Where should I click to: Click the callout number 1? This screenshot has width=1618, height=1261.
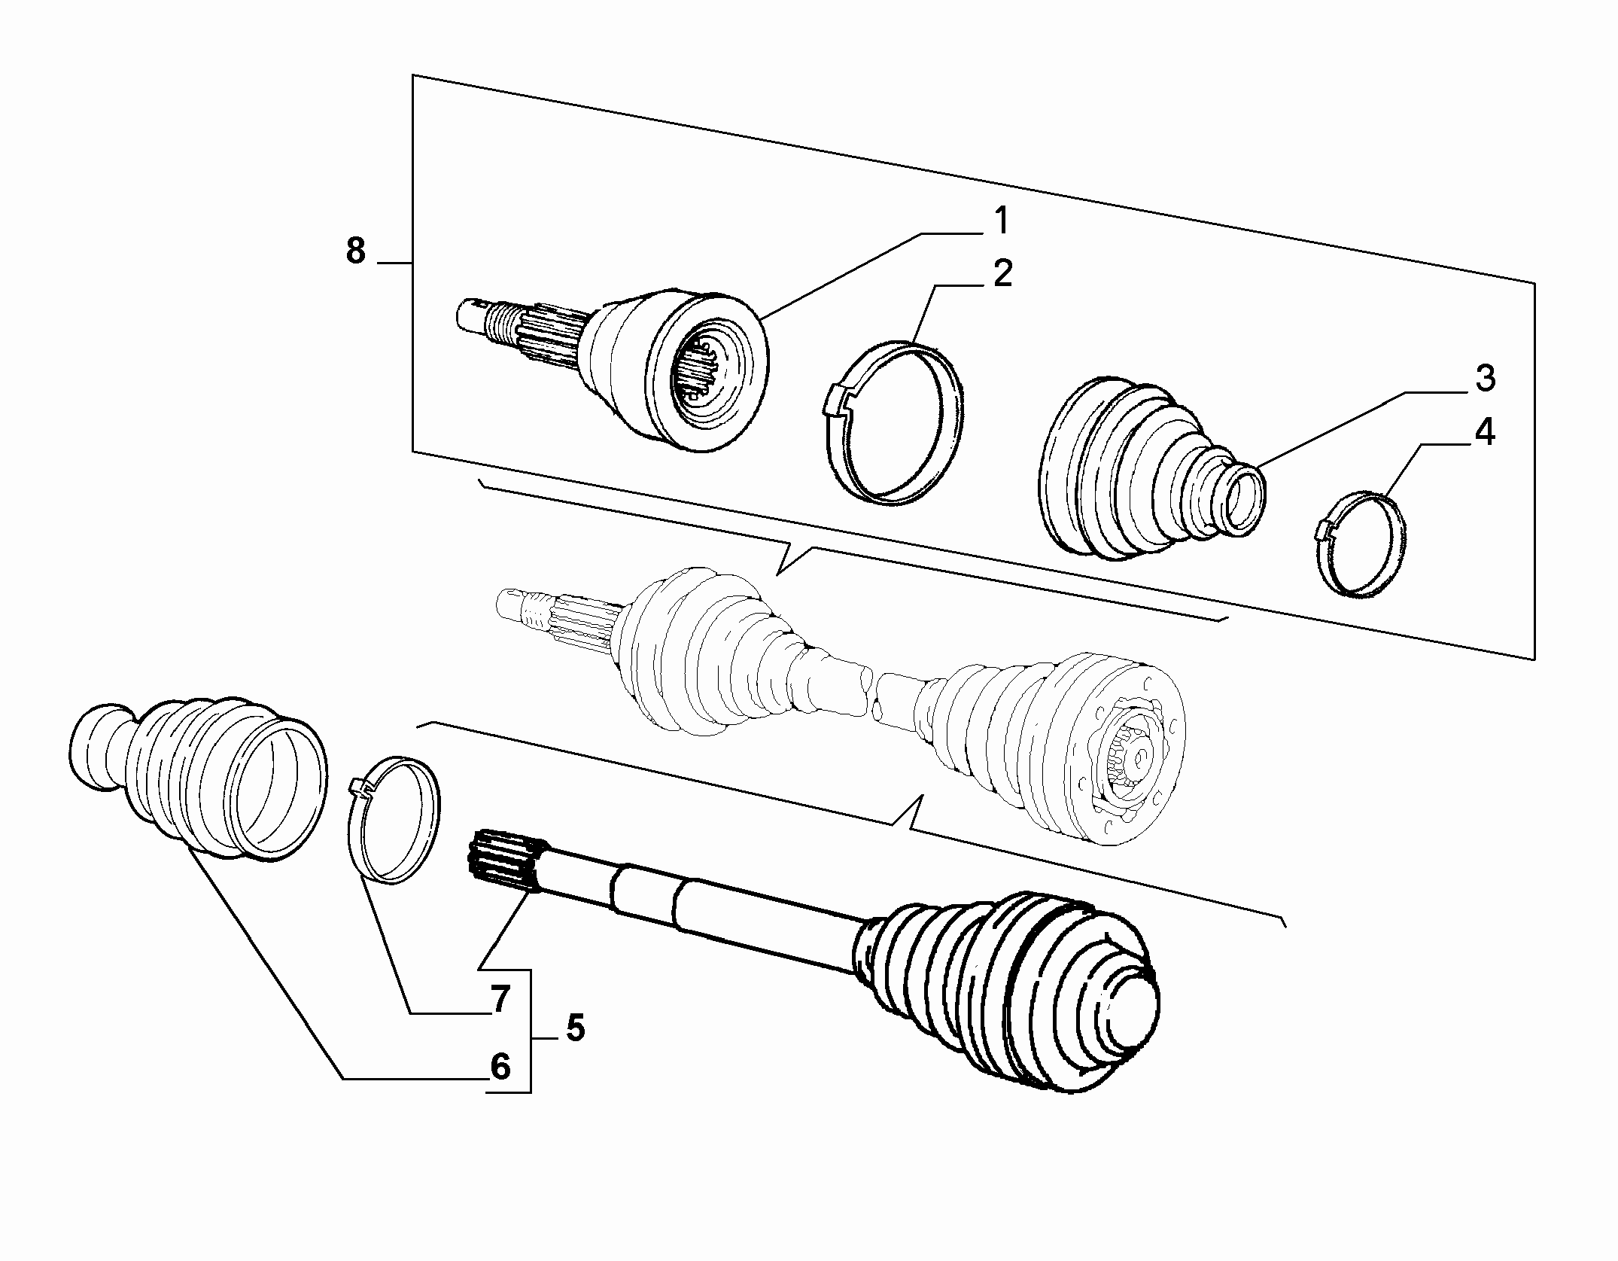1000,222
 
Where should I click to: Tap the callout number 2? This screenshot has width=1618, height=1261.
1002,274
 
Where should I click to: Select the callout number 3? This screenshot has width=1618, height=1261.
1484,379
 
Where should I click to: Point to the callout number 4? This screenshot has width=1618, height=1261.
1483,433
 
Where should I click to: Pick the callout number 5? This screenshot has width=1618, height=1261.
575,1027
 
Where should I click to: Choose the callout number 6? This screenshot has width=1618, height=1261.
500,1067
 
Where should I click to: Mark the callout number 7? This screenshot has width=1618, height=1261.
500,1000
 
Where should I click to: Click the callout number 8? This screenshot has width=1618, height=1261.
356,250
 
